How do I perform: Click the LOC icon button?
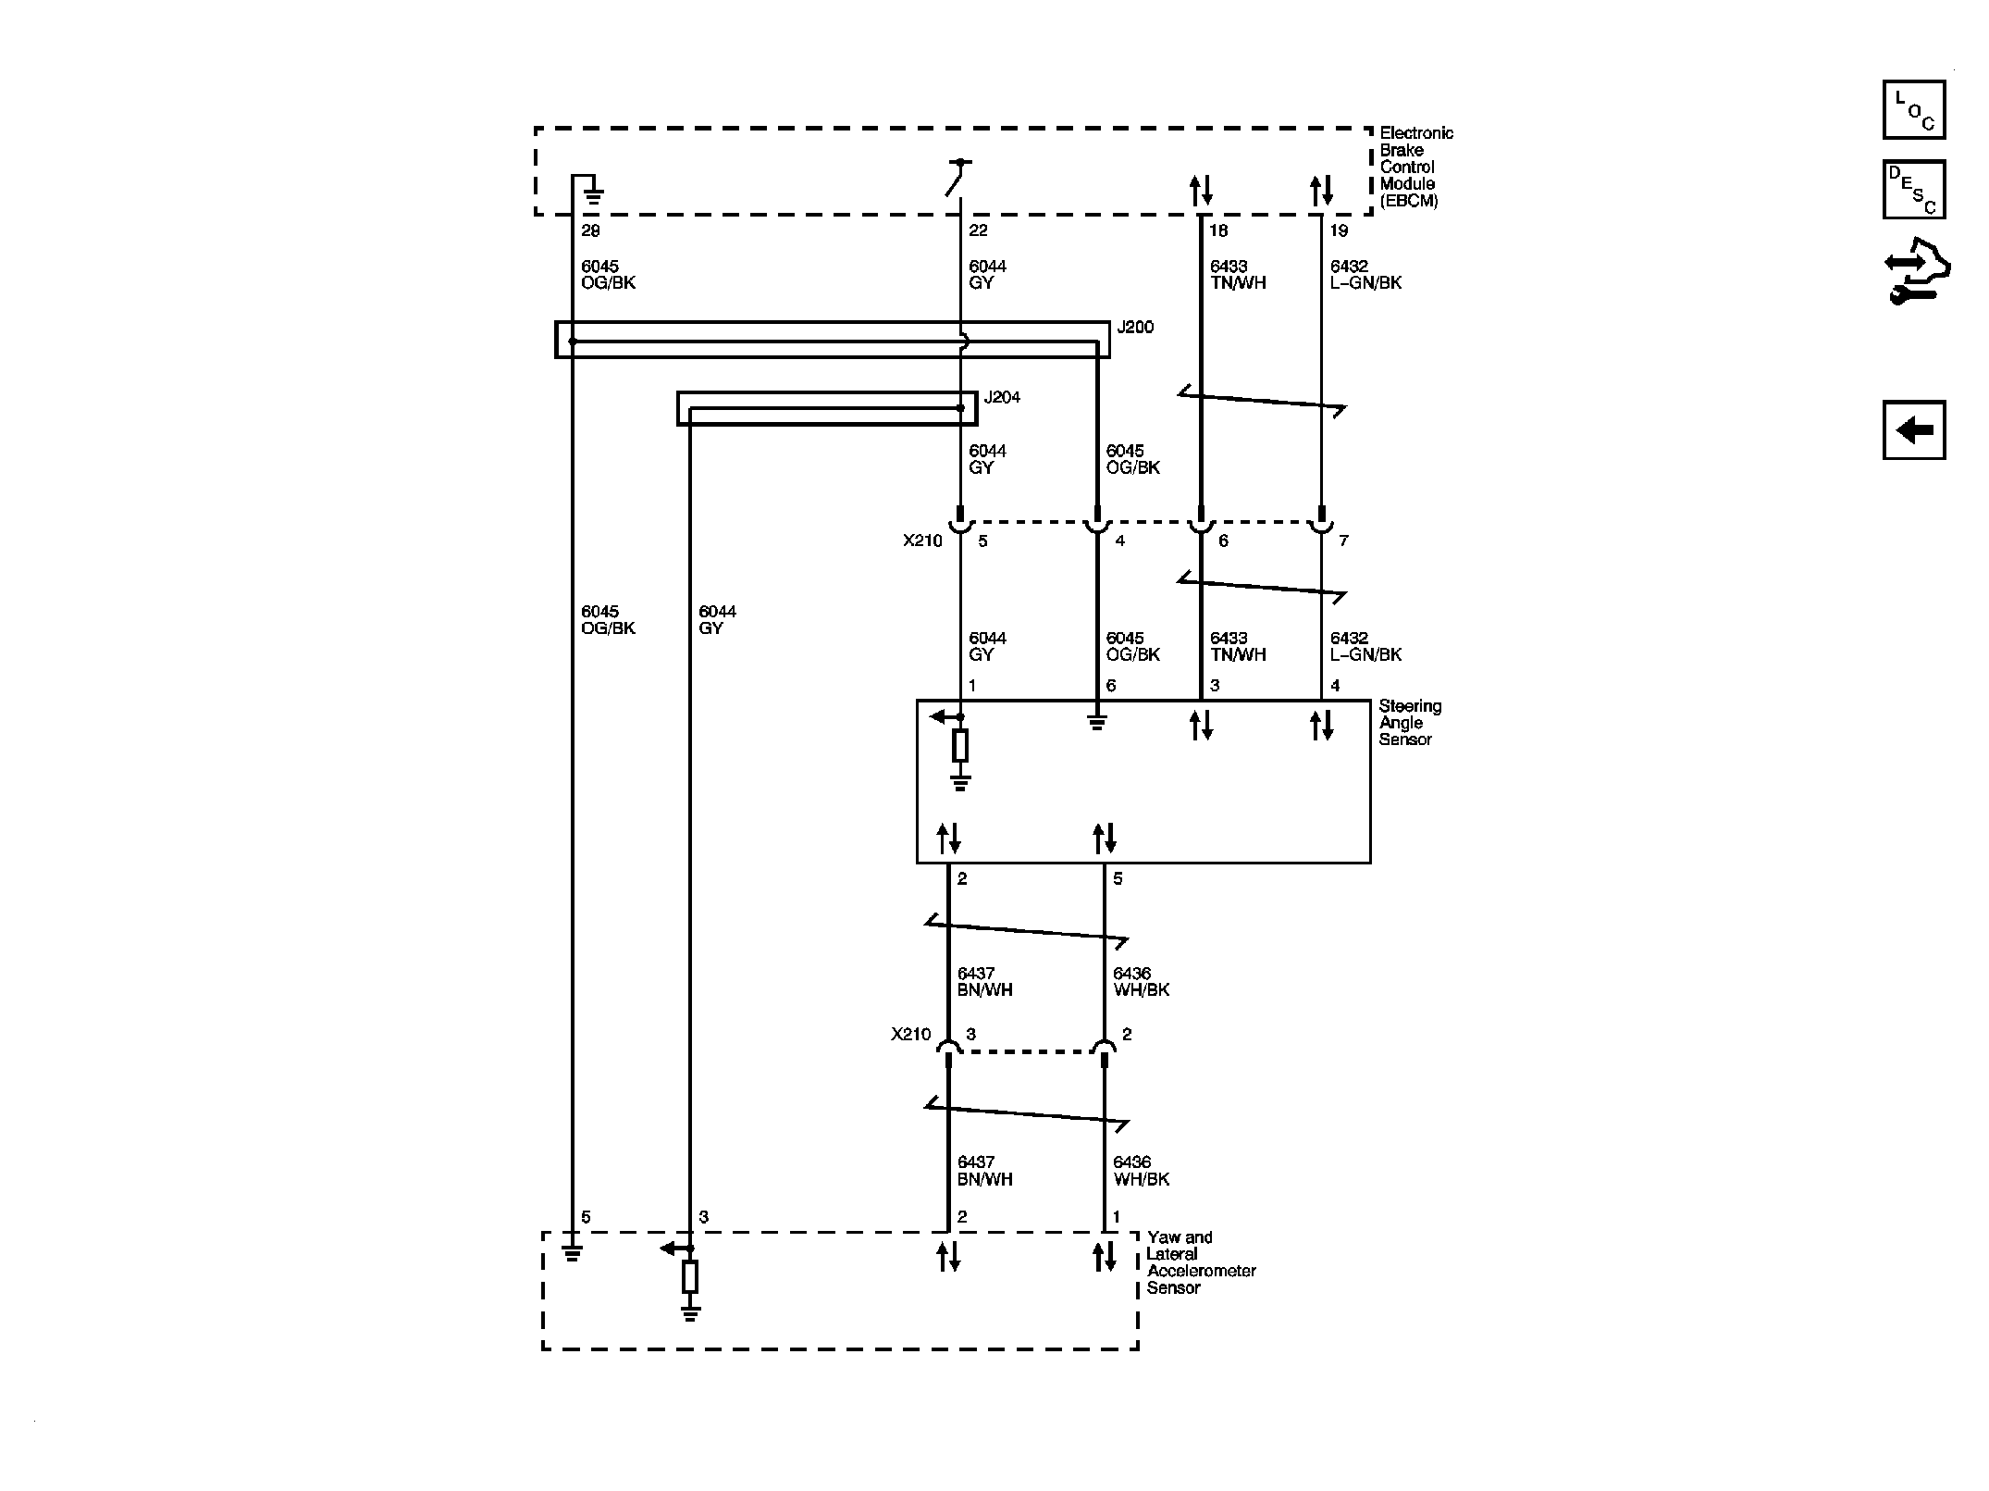coord(1913,110)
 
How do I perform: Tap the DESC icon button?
coord(1913,190)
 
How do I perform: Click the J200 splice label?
coord(1135,328)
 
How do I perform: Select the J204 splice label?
coord(1002,398)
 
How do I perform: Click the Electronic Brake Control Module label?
coord(1415,167)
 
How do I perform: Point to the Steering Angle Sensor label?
coord(1409,723)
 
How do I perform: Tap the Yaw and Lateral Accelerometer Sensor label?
coord(1200,1262)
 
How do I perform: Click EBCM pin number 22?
coord(978,230)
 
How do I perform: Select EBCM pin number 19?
coord(1339,230)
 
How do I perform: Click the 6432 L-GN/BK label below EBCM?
coord(1365,275)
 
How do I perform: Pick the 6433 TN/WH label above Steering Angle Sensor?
coord(1238,646)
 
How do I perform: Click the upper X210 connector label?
coord(922,540)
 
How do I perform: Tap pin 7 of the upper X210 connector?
coord(1343,540)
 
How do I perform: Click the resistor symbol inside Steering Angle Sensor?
coord(960,745)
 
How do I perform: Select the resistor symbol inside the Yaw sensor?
coord(689,1276)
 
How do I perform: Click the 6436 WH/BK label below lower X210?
coord(1141,1171)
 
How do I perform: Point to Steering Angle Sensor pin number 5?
coord(1118,878)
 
